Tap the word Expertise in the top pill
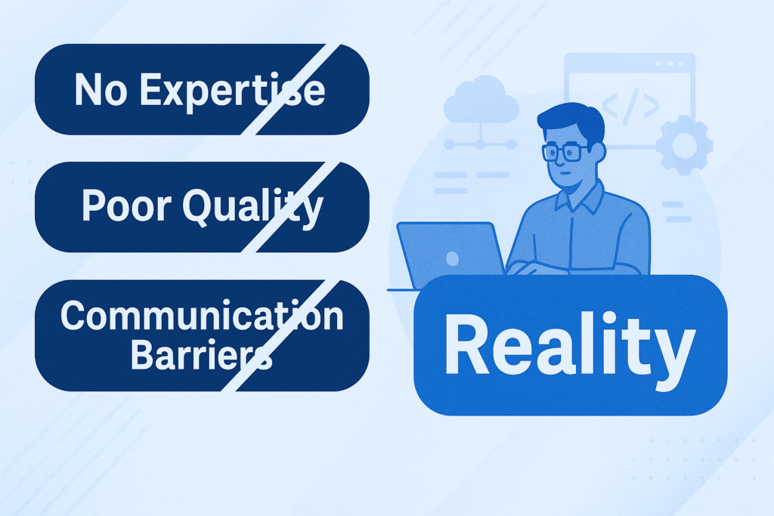point(233,90)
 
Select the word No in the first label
point(101,90)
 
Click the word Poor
point(126,205)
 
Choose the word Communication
point(202,316)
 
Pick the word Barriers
point(201,354)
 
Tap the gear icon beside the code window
point(685,145)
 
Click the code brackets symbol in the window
point(630,107)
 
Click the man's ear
point(598,153)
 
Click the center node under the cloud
point(480,144)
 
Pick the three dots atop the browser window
point(670,64)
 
